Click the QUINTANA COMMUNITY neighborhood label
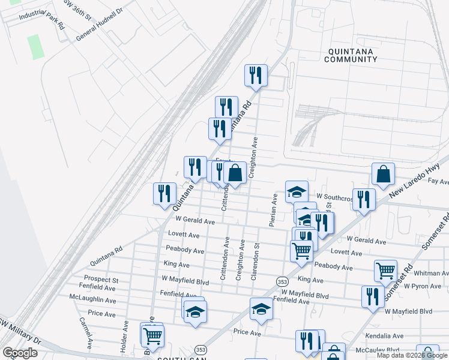point(351,55)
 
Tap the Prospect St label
point(101,280)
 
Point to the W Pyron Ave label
point(423,286)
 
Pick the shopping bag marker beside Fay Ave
point(383,174)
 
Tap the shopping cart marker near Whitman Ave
point(385,270)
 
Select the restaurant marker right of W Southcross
point(364,199)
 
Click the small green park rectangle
point(36,46)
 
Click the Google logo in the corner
point(20,353)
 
